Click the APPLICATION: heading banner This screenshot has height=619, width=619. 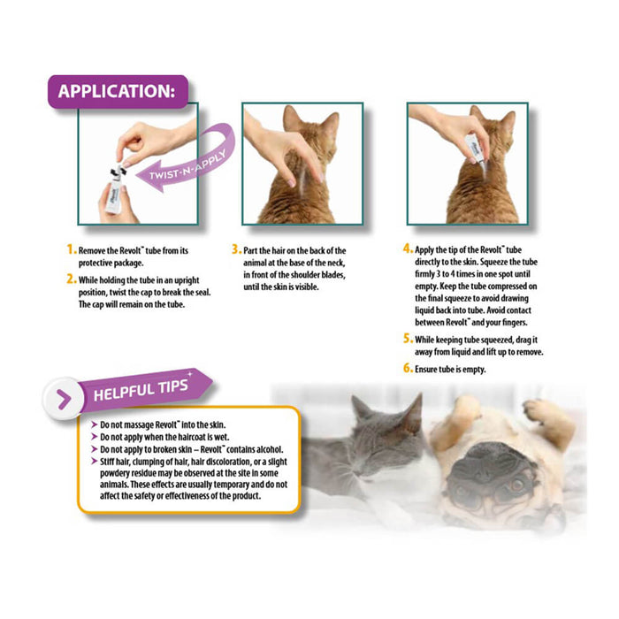coord(117,92)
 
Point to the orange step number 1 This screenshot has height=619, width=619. coord(72,250)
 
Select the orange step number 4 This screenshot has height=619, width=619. coord(408,250)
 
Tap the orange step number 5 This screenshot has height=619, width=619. coord(408,338)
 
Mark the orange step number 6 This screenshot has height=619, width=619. coord(408,367)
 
